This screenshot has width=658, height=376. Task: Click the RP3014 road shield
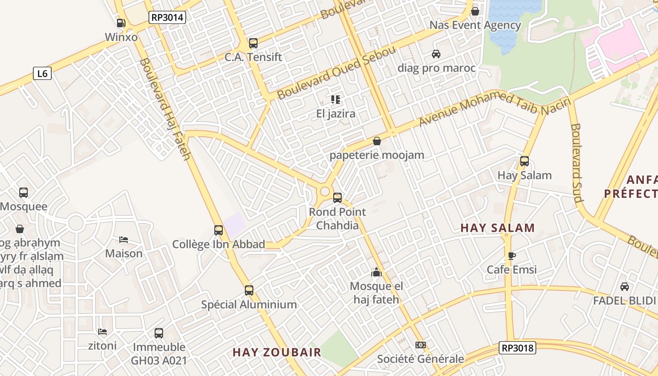[x=167, y=18]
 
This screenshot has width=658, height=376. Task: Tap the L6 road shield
[x=42, y=73]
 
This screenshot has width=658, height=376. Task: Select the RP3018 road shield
[x=517, y=348]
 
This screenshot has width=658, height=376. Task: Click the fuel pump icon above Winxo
[x=121, y=23]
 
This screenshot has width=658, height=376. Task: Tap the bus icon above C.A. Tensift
[x=253, y=43]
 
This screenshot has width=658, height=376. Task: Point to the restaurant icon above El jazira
[x=335, y=99]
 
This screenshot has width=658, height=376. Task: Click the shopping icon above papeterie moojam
[x=376, y=141]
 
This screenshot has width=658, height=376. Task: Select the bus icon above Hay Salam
[x=525, y=161]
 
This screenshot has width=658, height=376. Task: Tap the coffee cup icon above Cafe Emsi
[x=511, y=256]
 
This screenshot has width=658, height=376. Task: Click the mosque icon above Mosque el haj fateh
[x=376, y=272]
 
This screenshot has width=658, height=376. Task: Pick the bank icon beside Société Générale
[x=420, y=345]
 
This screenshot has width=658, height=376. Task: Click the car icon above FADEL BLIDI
[x=624, y=287]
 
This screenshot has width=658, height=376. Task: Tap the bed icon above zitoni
[x=102, y=332]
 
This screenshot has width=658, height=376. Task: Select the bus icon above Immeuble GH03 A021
[x=159, y=333]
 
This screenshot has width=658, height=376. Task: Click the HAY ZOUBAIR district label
[x=277, y=352]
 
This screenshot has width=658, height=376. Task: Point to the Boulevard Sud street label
[x=576, y=162]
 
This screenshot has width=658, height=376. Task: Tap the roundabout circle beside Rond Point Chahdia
[x=324, y=191]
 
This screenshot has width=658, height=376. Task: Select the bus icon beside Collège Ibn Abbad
[x=219, y=230]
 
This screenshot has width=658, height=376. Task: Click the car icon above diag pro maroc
[x=436, y=54]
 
